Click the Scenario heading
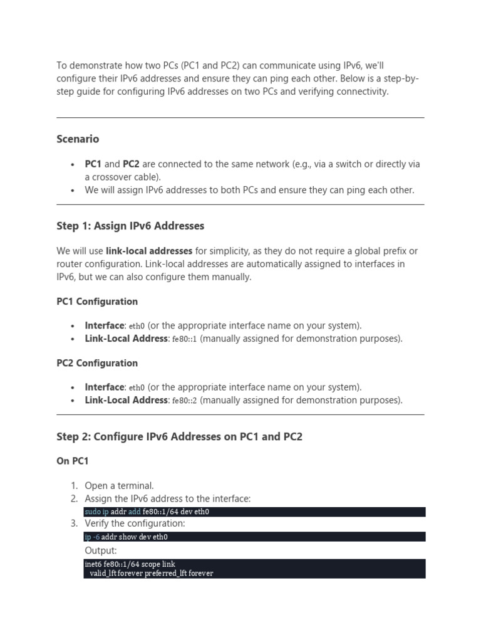[78, 139]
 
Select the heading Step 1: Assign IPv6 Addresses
[130, 226]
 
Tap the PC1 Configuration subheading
[97, 302]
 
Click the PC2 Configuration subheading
[97, 363]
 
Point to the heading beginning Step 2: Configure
[179, 436]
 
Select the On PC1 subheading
[73, 461]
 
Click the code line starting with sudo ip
[147, 512]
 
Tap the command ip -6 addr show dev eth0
[126, 537]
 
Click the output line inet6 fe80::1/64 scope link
[130, 565]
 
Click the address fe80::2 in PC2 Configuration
[184, 401]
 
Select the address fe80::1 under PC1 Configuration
[184, 339]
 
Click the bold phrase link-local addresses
[149, 251]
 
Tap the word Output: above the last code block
[101, 550]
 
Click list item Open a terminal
[119, 486]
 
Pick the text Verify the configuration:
[135, 524]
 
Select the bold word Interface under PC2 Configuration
[105, 387]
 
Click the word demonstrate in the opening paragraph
[93, 66]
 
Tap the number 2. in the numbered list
[74, 499]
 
